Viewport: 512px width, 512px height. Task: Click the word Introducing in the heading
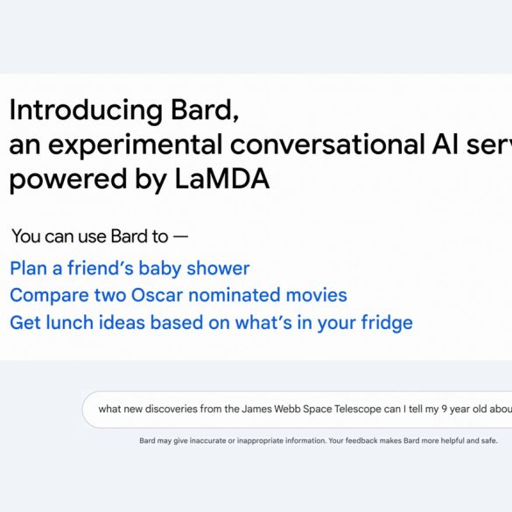[x=86, y=111]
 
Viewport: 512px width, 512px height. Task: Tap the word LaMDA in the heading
[x=222, y=179]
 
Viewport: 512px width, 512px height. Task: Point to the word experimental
[x=135, y=146]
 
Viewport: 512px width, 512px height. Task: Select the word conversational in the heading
[x=327, y=144]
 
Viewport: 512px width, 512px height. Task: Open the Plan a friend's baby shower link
[x=130, y=269]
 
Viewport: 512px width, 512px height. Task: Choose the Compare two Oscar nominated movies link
[x=179, y=295]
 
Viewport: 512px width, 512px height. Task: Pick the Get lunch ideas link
[x=211, y=323]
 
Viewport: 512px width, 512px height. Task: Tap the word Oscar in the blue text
[x=157, y=295]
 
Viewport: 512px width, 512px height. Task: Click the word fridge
[x=387, y=323]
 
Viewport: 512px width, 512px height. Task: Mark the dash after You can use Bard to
[x=180, y=236]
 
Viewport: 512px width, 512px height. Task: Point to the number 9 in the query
[x=444, y=409]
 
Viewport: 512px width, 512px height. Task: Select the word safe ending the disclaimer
[x=489, y=441]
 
